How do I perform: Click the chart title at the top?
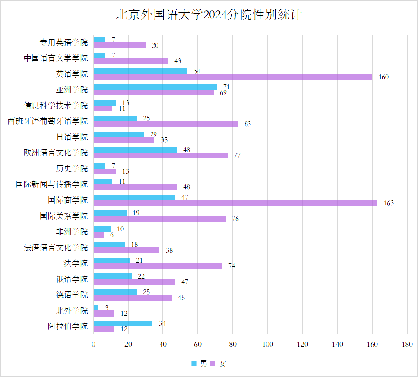[209, 15]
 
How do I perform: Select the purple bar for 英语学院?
[233, 77]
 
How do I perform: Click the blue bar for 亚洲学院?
[155, 87]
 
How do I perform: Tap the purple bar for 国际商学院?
[235, 203]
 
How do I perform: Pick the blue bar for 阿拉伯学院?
[123, 323]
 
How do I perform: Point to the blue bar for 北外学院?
[96, 307]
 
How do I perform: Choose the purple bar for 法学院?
[158, 266]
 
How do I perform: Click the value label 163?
[389, 203]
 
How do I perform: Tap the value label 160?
[383, 77]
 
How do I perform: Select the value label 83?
[247, 124]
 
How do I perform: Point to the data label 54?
[197, 71]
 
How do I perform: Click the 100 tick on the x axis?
[268, 344]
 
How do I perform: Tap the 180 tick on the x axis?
[407, 344]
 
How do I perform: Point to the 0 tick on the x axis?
[94, 344]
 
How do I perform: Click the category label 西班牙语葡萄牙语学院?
[47, 121]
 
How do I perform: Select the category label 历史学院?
[72, 168]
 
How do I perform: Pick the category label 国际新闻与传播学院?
[52, 184]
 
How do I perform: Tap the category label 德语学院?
[72, 295]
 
